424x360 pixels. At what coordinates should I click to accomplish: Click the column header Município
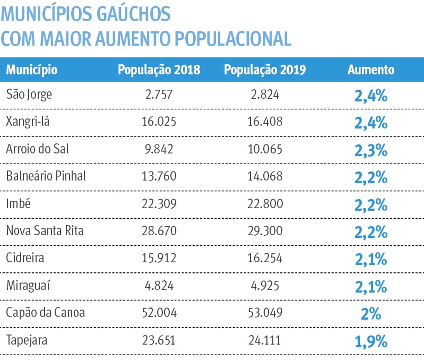32,70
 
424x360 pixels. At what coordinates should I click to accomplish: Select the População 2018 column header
159,70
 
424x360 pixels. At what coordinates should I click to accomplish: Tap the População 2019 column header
265,70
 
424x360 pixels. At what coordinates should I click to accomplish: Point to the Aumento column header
371,70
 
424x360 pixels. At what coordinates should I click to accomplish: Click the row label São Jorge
29,95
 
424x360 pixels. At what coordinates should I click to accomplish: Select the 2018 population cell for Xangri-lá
159,122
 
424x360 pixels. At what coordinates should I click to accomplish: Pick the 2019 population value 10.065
265,149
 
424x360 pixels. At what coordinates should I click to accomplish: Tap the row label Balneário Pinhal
46,176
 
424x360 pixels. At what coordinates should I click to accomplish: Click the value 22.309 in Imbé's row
159,203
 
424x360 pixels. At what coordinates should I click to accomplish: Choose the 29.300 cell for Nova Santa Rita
265,231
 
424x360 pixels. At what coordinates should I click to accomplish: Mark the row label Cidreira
25,258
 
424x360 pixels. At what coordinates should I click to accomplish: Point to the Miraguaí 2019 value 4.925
265,285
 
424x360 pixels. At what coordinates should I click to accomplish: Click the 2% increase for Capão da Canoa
371,313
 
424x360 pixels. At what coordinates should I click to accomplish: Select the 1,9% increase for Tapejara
371,341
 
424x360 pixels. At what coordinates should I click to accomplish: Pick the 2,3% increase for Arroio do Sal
371,150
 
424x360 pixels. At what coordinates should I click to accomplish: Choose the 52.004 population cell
159,313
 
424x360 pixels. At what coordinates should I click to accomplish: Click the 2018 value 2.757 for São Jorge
159,95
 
